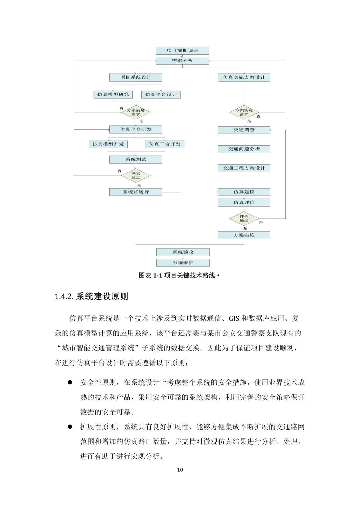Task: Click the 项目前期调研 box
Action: pyautogui.click(x=182, y=51)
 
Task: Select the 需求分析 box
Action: pyautogui.click(x=182, y=61)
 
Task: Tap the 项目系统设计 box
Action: pyautogui.click(x=136, y=77)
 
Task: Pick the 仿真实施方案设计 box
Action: pyautogui.click(x=244, y=77)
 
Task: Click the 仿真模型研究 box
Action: pyautogui.click(x=113, y=95)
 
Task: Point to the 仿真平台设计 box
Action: pyautogui.click(x=161, y=95)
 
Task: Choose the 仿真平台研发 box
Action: pyautogui.click(x=136, y=129)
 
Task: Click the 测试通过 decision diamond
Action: pyautogui.click(x=136, y=176)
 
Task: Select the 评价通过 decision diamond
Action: pyautogui.click(x=244, y=219)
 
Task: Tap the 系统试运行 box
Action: pyautogui.click(x=136, y=192)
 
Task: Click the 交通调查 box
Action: pyautogui.click(x=244, y=130)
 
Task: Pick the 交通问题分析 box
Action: pyautogui.click(x=244, y=149)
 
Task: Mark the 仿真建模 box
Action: pyautogui.click(x=244, y=192)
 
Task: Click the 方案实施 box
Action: pyautogui.click(x=244, y=235)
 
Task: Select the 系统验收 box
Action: pyautogui.click(x=183, y=252)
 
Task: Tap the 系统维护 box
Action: pyautogui.click(x=183, y=263)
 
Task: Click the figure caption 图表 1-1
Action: pyautogui.click(x=150, y=275)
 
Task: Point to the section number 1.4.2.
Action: pyautogui.click(x=64, y=296)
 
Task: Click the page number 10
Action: pyautogui.click(x=180, y=470)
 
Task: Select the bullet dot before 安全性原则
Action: pyautogui.click(x=70, y=382)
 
